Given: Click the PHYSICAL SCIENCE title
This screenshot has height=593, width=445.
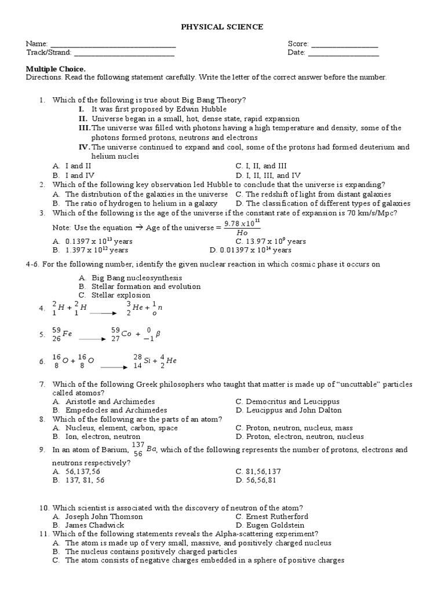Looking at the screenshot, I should [x=223, y=27].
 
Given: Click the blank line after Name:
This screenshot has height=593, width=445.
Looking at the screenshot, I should [x=113, y=45].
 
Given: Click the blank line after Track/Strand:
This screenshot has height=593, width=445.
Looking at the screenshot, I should [x=124, y=54].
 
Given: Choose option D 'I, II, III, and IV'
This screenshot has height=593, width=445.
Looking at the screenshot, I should [x=272, y=175].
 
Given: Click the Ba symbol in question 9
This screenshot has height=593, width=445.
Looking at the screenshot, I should [x=145, y=449].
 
